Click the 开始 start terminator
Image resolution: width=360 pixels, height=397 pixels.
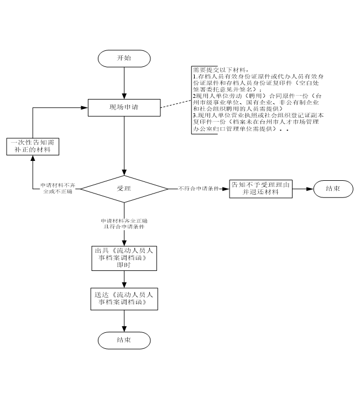(x=124, y=58)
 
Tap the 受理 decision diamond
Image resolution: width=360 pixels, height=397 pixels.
(x=124, y=188)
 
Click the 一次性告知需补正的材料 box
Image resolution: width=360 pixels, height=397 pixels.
(x=32, y=146)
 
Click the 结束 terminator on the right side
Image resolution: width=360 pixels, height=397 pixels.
(x=332, y=188)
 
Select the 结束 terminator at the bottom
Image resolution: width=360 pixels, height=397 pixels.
(x=124, y=339)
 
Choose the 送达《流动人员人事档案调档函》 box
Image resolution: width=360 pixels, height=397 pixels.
(x=124, y=299)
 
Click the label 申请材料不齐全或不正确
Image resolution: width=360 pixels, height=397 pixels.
(x=58, y=188)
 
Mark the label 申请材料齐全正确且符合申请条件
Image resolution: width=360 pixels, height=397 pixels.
(x=124, y=222)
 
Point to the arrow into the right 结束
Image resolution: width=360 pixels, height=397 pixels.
(x=302, y=188)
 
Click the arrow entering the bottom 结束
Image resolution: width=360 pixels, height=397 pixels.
(x=124, y=320)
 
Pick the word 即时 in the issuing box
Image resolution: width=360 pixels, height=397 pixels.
(x=124, y=265)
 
